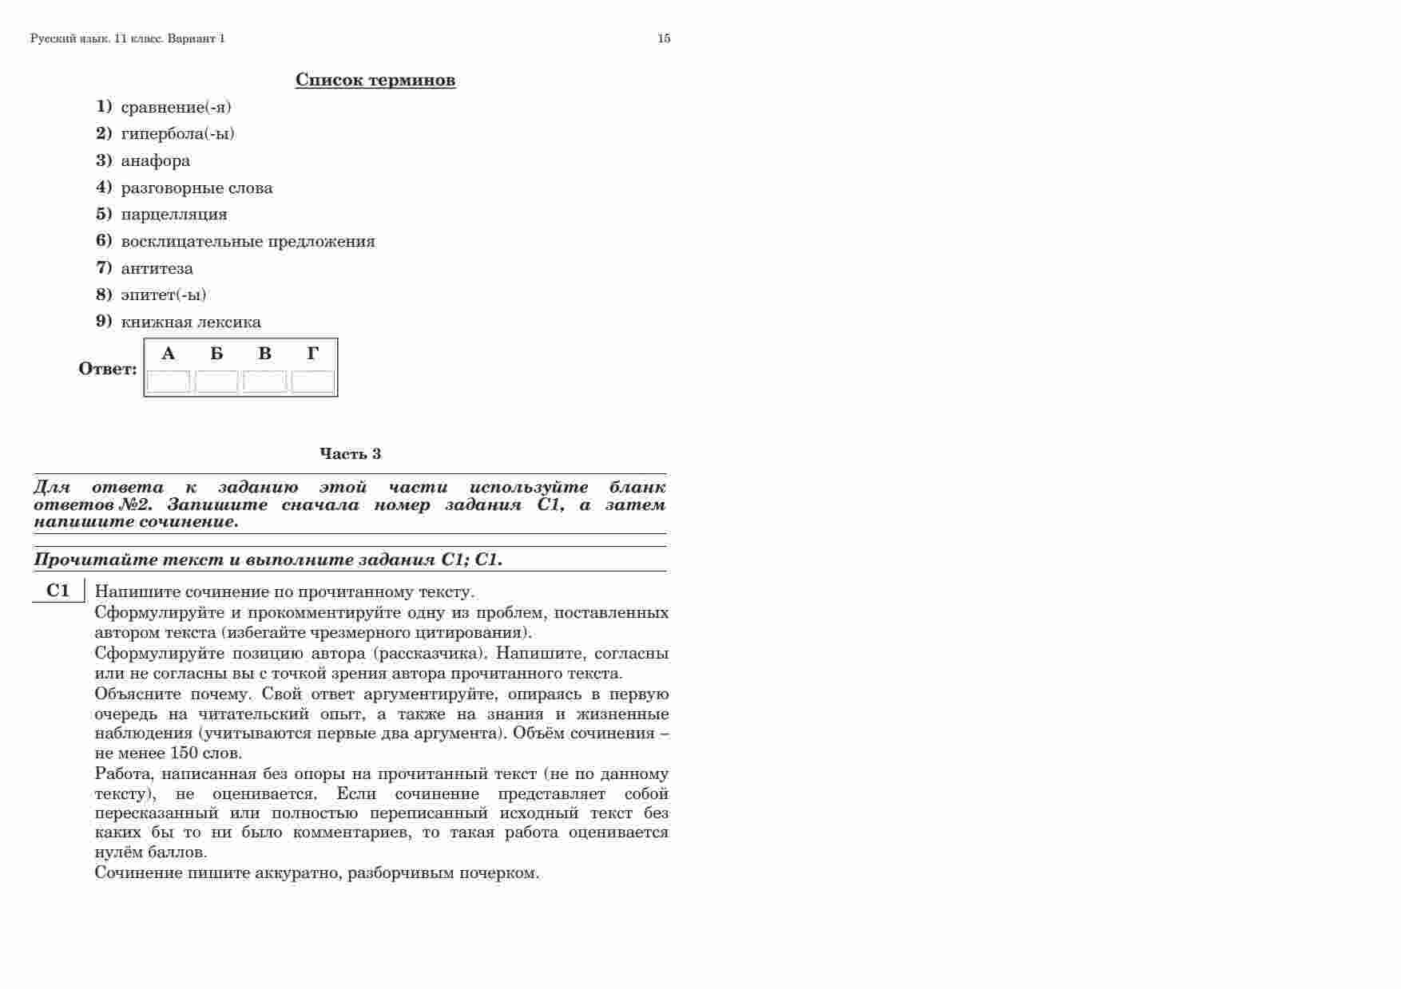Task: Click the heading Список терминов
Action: tap(375, 80)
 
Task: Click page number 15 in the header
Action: tap(664, 38)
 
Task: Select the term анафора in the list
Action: tap(156, 160)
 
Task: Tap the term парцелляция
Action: tap(174, 214)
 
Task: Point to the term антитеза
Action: tap(157, 268)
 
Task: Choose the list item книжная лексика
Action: tap(191, 322)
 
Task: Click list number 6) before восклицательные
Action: tap(104, 240)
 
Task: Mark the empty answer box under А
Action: tap(169, 382)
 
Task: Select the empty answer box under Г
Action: tap(313, 382)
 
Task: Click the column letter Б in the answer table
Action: tap(216, 354)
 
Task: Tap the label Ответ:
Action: tap(108, 369)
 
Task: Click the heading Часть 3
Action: tap(351, 453)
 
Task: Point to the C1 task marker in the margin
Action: tap(58, 591)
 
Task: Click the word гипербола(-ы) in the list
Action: tap(178, 133)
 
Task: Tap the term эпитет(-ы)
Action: tap(164, 295)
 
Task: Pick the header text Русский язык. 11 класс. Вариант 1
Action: tap(128, 38)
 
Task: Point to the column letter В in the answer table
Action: tap(264, 354)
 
